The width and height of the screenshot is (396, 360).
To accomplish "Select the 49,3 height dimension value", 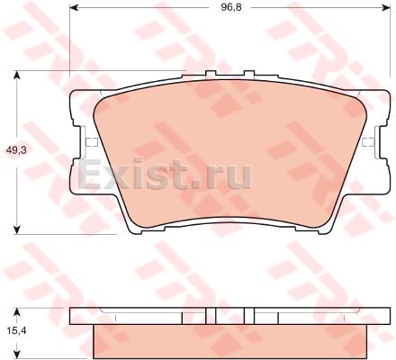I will point(16,152).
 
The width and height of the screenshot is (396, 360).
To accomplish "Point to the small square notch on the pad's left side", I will point(87,142).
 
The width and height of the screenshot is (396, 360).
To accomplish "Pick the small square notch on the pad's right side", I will point(366,142).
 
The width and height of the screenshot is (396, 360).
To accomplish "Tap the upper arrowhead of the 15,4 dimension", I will point(20,306).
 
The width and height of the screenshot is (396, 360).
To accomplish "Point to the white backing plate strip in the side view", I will point(135,315).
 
